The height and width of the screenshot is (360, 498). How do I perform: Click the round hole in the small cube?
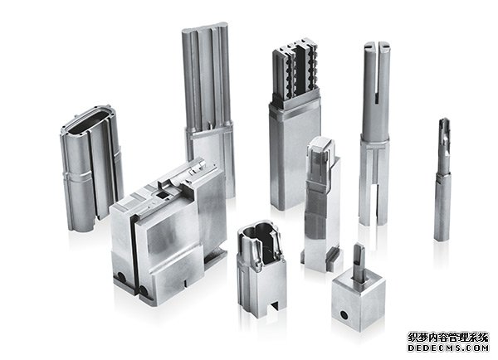tap(344, 315)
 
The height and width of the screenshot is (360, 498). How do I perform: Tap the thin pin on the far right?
tap(442, 179)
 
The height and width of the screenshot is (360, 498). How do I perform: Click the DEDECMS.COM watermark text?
tap(448, 348)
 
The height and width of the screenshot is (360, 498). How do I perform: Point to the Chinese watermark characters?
tap(448, 337)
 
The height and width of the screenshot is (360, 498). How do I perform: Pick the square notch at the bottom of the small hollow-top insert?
tap(274, 306)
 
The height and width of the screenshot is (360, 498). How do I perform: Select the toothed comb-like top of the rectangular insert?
tap(296, 72)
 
